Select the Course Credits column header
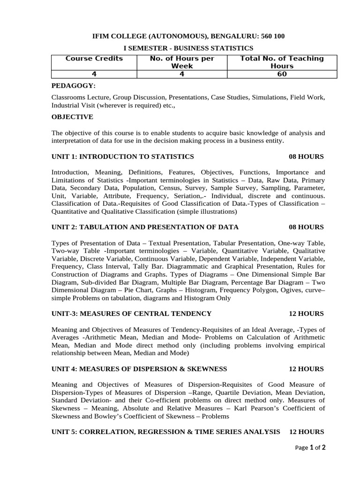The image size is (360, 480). (x=94, y=59)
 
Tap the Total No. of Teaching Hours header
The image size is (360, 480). (x=282, y=62)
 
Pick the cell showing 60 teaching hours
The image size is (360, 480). (x=282, y=74)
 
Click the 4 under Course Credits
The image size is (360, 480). (x=94, y=74)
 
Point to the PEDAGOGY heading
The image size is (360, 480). (x=73, y=86)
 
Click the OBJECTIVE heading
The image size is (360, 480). (x=72, y=117)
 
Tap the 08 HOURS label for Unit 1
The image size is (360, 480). (x=306, y=156)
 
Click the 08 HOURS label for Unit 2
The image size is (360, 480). (x=306, y=227)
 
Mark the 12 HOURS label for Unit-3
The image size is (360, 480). (x=306, y=313)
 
